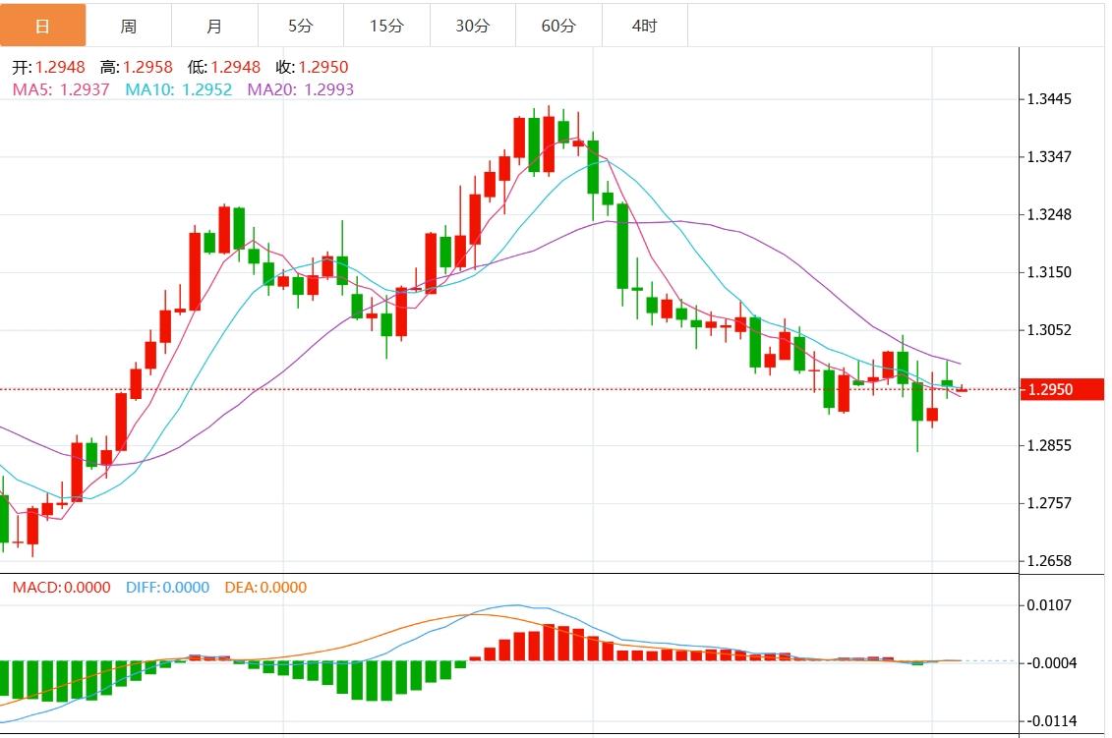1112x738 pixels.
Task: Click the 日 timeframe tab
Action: coord(42,26)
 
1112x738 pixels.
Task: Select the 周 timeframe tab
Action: coord(129,26)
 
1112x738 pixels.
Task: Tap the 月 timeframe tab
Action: coord(214,26)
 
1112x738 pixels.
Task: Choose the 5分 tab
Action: coord(301,26)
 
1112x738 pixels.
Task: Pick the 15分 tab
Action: coord(386,26)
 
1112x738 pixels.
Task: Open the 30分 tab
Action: coord(472,26)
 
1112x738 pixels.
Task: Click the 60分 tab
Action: coord(558,26)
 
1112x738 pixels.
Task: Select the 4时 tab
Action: coord(644,26)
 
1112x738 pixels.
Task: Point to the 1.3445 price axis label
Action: coord(1049,99)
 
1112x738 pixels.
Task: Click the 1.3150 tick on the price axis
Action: coord(1049,272)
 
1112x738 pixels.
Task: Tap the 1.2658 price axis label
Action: coord(1049,561)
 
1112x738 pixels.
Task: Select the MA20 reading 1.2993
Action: coord(328,89)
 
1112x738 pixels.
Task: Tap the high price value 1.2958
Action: coord(147,68)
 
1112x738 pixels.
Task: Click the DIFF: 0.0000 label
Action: coord(167,588)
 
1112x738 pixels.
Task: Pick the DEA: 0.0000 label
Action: coord(265,588)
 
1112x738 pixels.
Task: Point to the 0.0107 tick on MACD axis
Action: coord(1049,605)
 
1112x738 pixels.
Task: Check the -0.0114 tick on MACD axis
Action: coord(1049,720)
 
